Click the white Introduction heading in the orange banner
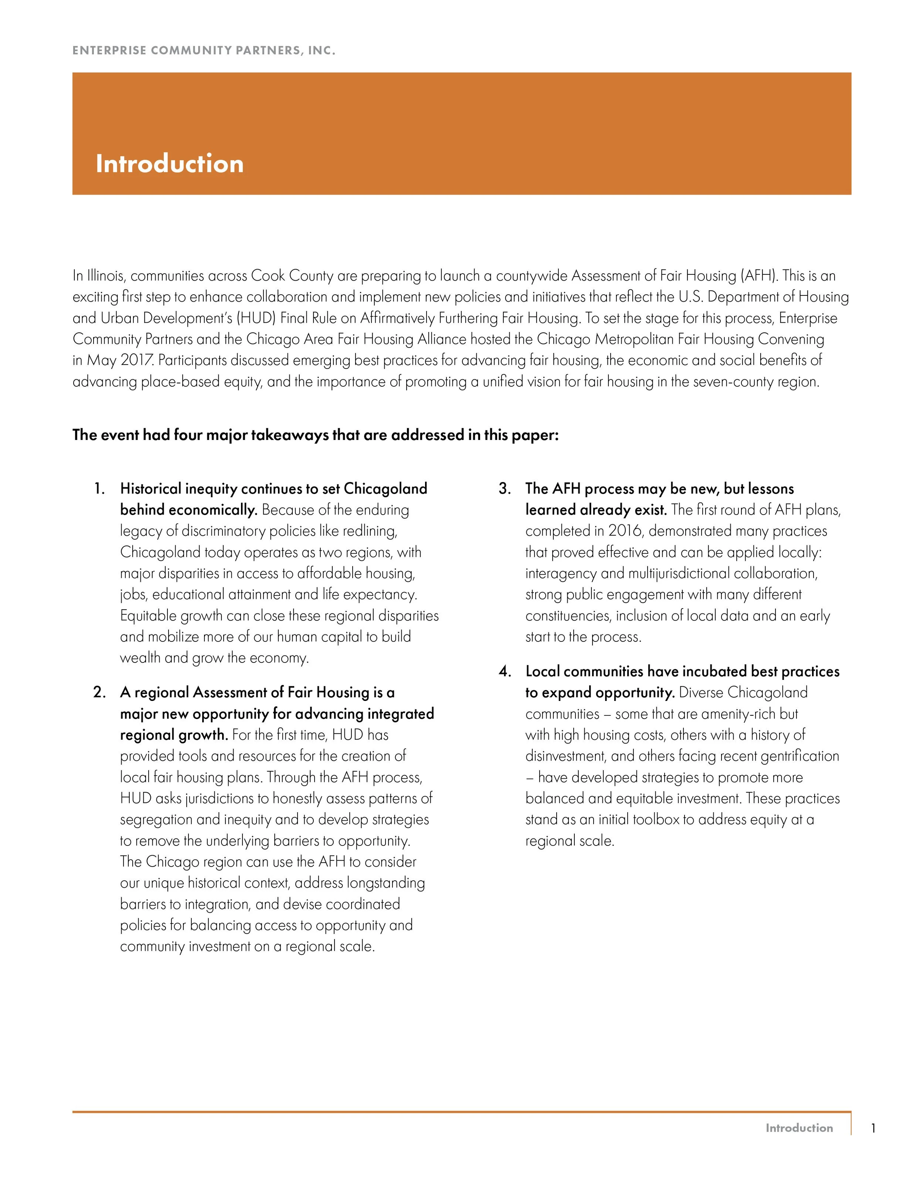[169, 164]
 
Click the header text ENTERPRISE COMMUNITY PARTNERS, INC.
[204, 50]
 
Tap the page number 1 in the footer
[874, 1128]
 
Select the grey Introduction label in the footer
[799, 1128]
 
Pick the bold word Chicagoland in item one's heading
[385, 488]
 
